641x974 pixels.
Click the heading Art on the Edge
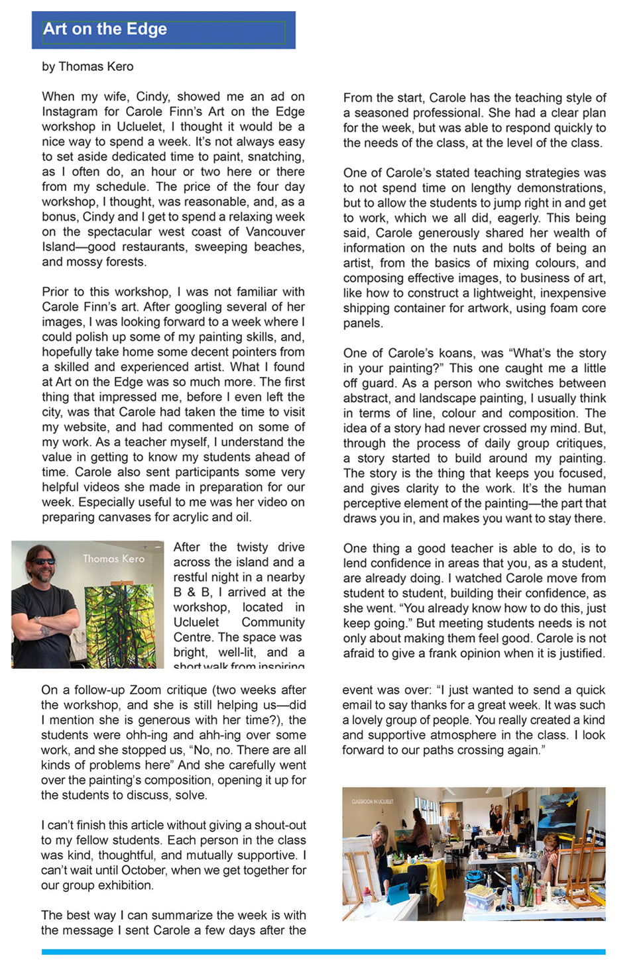105,29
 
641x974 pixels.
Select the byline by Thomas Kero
87,66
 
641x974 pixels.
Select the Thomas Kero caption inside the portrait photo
113,559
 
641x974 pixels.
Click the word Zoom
145,690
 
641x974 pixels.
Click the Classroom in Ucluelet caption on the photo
373,801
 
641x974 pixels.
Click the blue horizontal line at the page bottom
323,952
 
